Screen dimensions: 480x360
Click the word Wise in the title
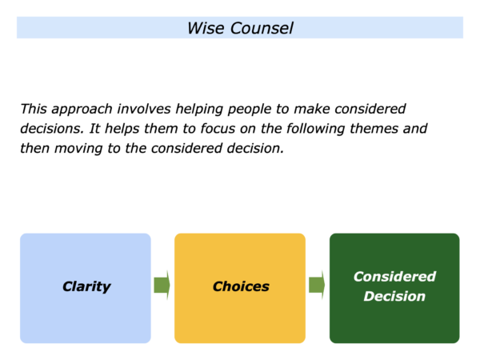206,28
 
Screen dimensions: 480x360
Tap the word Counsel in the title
262,28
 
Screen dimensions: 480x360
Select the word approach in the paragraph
82,110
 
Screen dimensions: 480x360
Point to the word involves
144,109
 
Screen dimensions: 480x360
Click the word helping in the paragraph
199,110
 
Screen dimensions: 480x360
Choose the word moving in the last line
78,149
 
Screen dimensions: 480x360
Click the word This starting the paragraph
34,109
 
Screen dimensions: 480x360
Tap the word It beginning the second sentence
94,129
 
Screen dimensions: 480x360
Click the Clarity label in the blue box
86,287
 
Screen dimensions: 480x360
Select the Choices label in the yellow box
241,286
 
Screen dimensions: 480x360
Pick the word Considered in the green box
394,277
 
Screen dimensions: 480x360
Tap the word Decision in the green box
394,296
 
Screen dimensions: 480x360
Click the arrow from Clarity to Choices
162,285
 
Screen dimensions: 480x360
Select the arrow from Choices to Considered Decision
317,285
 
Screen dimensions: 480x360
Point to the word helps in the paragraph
122,129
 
